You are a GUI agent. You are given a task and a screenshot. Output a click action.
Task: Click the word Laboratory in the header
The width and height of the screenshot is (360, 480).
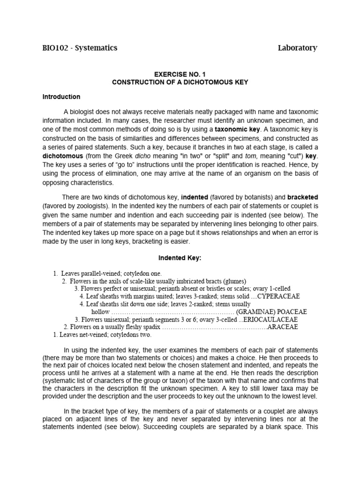pos(297,48)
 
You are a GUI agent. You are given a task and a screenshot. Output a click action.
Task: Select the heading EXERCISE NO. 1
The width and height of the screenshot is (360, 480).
pos(180,74)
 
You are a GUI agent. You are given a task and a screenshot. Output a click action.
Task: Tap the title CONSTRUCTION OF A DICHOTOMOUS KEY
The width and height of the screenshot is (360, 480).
pos(180,82)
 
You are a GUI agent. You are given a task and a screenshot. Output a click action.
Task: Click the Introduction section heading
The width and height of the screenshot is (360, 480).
pos(61,97)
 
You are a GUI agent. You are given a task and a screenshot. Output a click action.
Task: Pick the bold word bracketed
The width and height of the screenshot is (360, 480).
pos(303,198)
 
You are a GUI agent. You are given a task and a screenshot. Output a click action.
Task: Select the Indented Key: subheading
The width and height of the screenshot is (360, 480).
pos(180,258)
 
